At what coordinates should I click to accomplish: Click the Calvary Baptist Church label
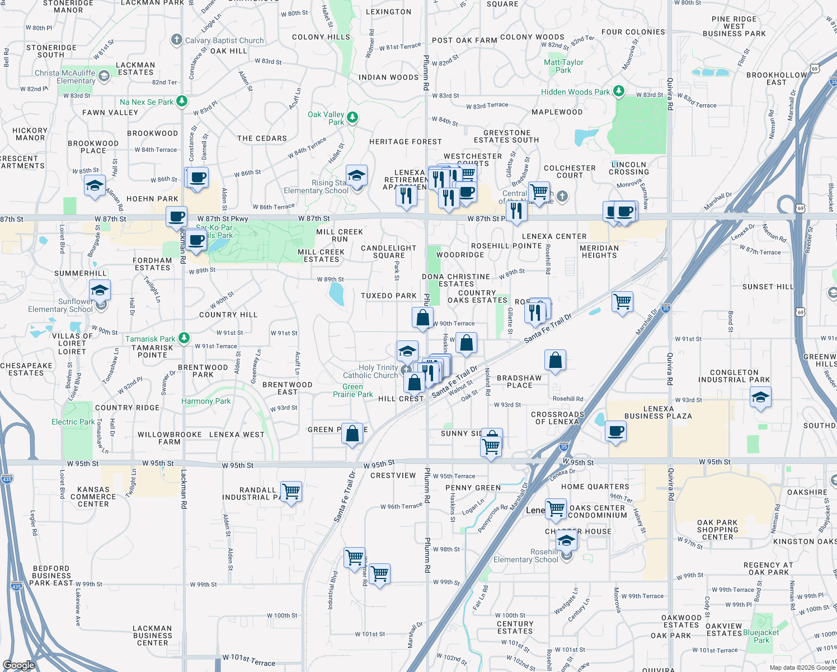click(x=224, y=40)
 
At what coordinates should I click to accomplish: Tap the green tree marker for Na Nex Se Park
click(x=182, y=101)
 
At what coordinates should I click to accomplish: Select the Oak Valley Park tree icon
click(x=352, y=118)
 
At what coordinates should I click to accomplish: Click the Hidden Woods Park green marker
click(x=618, y=91)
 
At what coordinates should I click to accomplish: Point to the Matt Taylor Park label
click(x=563, y=66)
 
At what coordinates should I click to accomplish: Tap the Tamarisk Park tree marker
click(x=184, y=338)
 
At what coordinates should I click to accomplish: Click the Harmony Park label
click(x=206, y=401)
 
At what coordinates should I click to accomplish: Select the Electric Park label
click(x=73, y=422)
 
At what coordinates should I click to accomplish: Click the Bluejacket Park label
click(x=761, y=636)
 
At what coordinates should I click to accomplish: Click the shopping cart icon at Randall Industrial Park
click(x=291, y=492)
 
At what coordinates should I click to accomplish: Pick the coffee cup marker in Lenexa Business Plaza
click(x=615, y=431)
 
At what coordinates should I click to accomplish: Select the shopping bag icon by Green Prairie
click(x=352, y=433)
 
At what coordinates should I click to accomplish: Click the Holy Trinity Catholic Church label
click(x=370, y=371)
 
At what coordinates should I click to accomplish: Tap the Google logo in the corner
click(x=19, y=665)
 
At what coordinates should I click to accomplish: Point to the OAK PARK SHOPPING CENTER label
click(x=717, y=530)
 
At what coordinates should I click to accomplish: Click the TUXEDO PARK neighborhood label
click(x=389, y=296)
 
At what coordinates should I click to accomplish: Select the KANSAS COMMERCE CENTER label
click(x=93, y=497)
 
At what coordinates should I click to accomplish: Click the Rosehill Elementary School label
click(x=526, y=556)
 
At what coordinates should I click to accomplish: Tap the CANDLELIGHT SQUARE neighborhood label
click(x=389, y=251)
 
